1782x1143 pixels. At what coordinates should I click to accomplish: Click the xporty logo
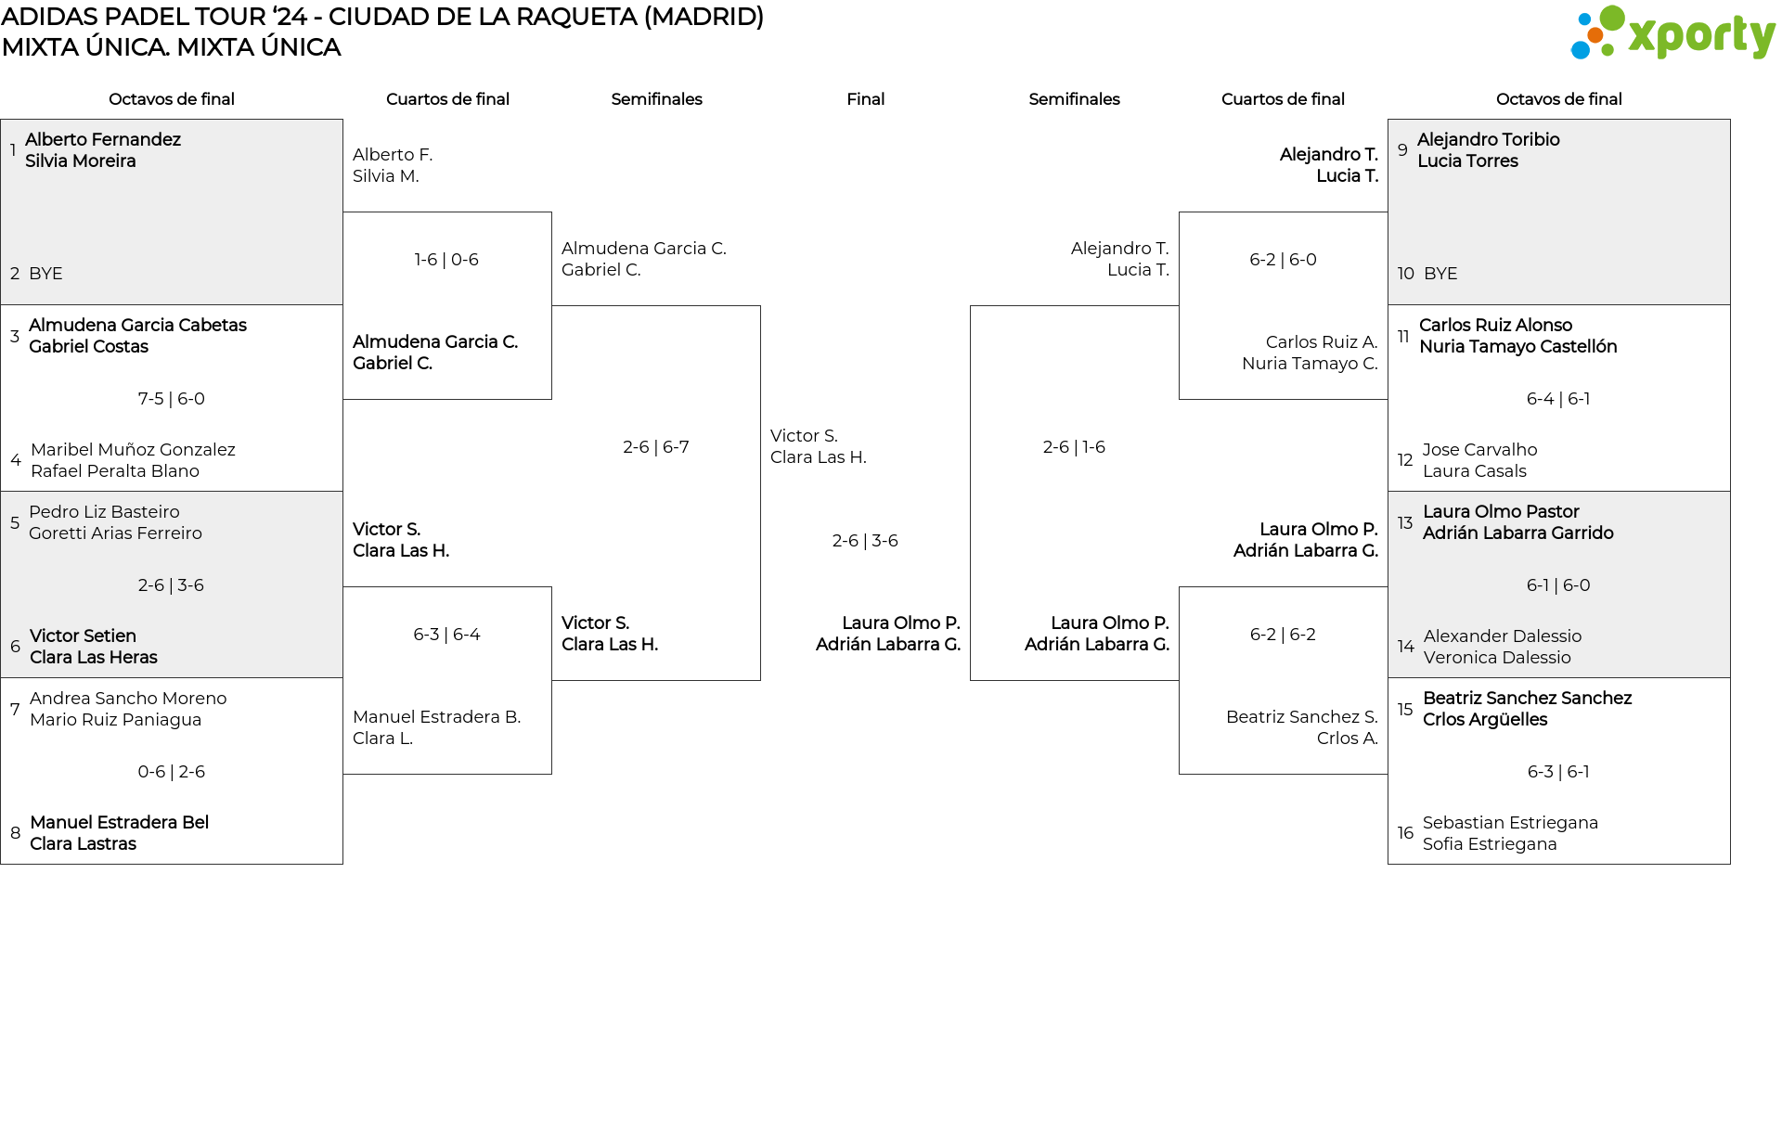1672,33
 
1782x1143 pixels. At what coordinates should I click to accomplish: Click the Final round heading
865,99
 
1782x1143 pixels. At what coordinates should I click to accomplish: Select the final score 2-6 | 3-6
865,541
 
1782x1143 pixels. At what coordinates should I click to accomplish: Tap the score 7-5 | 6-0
172,399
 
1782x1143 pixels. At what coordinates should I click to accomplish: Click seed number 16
1405,833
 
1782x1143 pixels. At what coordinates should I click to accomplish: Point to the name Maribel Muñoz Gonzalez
133,450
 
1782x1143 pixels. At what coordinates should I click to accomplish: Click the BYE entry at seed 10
1440,274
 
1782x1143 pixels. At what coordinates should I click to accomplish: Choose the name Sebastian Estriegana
1510,823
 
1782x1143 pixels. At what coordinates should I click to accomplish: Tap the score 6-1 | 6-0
1558,585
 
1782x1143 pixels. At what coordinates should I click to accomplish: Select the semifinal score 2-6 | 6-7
656,447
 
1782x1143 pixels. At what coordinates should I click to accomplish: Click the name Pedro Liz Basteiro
104,512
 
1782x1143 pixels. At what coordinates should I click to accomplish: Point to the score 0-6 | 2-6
172,772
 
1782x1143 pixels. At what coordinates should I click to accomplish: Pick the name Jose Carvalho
1479,450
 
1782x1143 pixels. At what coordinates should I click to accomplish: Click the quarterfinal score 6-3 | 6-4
446,635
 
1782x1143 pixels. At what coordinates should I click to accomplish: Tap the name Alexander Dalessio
1503,636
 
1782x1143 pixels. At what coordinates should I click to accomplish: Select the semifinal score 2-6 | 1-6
1074,447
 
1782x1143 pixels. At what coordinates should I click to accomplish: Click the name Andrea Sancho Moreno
128,699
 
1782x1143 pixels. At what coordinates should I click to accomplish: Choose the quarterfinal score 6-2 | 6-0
1283,260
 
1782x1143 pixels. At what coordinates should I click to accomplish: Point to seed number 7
15,710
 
